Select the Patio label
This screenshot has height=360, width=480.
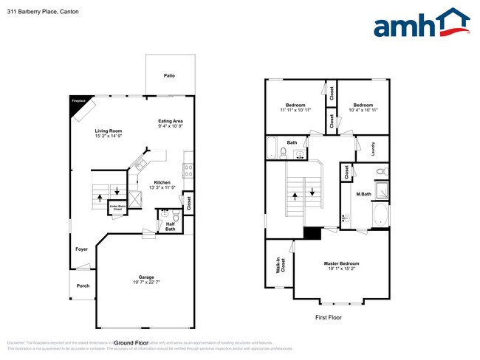169,76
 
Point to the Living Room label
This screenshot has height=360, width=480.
108,131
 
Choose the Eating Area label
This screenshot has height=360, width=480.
170,121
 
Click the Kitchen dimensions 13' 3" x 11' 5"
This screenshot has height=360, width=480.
162,187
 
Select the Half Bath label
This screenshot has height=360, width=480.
170,226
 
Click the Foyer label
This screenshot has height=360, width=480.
81,249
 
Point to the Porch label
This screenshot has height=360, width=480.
82,285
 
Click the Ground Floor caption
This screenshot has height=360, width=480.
131,342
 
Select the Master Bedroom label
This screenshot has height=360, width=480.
341,263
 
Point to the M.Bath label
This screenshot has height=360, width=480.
363,194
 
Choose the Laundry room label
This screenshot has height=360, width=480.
374,148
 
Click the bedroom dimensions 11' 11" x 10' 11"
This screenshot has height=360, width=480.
296,111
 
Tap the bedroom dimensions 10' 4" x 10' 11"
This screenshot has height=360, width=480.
363,111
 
